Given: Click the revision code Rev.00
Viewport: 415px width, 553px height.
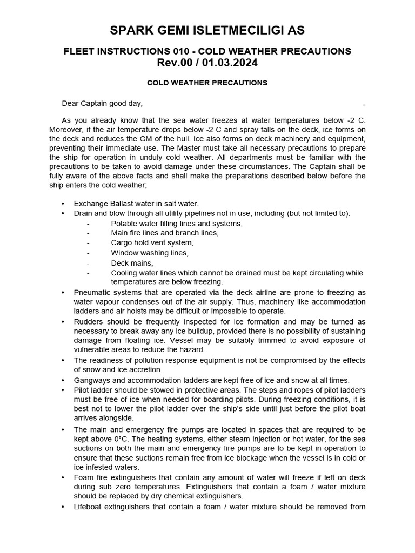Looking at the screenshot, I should pyautogui.click(x=175, y=63).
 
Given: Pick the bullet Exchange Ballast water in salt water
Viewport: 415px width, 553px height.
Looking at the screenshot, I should pyautogui.click(x=136, y=204).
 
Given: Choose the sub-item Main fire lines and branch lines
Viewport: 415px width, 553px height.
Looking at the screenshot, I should pyautogui.click(x=165, y=233).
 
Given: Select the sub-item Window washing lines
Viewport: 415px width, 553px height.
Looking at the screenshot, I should pyautogui.click(x=150, y=253).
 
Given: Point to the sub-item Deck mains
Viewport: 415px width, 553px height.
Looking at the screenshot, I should pyautogui.click(x=132, y=263).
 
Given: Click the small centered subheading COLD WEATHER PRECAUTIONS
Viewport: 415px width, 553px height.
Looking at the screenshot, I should pyautogui.click(x=207, y=83).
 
